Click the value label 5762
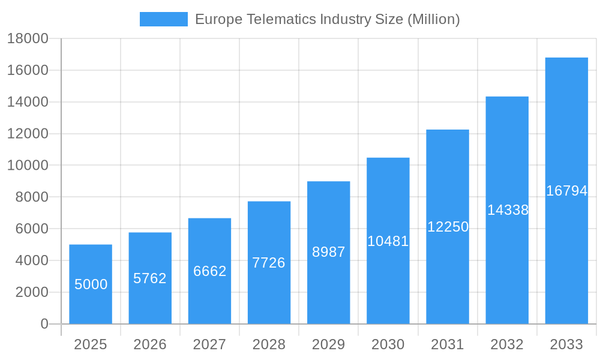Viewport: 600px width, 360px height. click(x=150, y=278)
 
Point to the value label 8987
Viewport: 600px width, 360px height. click(x=328, y=252)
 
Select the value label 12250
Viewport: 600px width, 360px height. click(x=448, y=227)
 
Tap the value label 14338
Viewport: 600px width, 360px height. click(x=508, y=210)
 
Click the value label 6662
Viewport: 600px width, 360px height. click(x=209, y=271)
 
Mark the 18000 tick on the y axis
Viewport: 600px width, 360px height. click(x=27, y=39)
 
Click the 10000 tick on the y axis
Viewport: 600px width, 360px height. click(x=27, y=166)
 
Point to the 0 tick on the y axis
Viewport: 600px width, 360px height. click(x=44, y=324)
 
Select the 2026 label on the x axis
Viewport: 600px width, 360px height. click(x=150, y=344)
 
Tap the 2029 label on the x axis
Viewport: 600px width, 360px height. click(x=328, y=344)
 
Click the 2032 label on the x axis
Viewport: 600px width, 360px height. click(x=507, y=344)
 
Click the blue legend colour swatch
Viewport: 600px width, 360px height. click(x=163, y=19)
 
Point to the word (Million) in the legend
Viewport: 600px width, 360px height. click(x=433, y=19)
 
